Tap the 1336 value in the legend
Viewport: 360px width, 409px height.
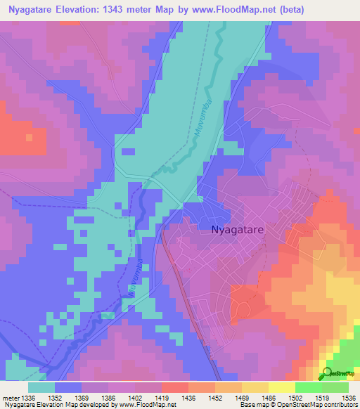(28, 397)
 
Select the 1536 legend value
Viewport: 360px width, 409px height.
(348, 397)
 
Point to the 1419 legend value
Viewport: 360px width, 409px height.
(162, 397)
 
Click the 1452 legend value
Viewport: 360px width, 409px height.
(215, 397)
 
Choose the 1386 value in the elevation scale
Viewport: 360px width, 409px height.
(108, 397)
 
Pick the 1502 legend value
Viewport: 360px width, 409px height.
(295, 397)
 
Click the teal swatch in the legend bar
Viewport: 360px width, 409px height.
(41, 387)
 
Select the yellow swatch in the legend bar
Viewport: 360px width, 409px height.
(281, 387)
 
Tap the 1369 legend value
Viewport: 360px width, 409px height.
(82, 397)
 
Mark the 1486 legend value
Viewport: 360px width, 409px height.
(269, 397)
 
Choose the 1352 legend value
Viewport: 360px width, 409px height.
(55, 397)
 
